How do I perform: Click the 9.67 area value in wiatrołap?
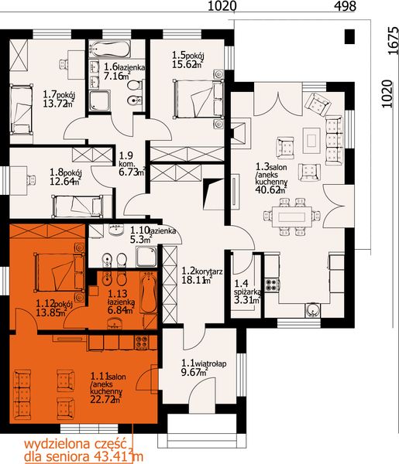(192, 372)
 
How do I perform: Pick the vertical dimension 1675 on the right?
(392, 49)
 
